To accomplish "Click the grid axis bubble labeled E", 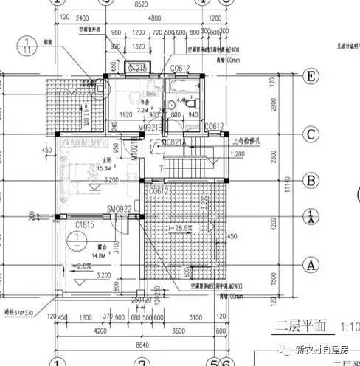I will tap(312, 77).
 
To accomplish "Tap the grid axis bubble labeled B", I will tap(311, 179).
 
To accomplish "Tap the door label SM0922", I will tap(118, 209).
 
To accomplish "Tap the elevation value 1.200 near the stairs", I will tap(238, 154).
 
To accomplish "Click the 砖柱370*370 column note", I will tap(18, 313).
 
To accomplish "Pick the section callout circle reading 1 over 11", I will tap(27, 46).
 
